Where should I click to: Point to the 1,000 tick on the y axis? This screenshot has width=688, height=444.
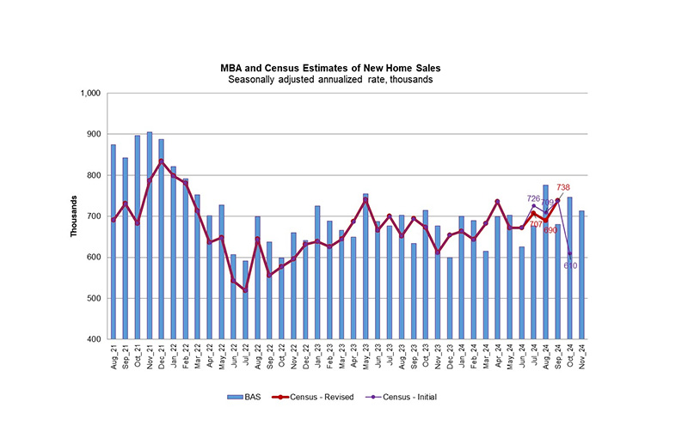click(x=89, y=94)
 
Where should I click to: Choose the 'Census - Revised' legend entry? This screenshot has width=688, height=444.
click(x=305, y=398)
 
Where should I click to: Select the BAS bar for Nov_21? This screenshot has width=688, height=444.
click(x=150, y=236)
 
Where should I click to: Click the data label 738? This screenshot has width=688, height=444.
click(x=587, y=187)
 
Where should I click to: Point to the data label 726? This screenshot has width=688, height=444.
click(x=532, y=199)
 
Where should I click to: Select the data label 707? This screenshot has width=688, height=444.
click(x=536, y=223)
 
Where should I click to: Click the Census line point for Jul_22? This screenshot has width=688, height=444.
click(x=245, y=290)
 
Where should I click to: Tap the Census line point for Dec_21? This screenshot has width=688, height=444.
click(x=161, y=161)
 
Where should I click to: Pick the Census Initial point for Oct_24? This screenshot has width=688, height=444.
click(x=569, y=253)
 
